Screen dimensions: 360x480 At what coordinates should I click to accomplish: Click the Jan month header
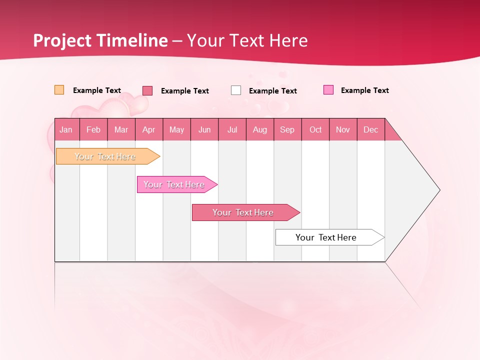tap(66, 129)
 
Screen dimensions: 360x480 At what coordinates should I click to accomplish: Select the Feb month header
tap(93, 129)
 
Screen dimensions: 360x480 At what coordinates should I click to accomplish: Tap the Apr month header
tap(148, 129)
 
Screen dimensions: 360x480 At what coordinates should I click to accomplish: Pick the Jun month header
tap(204, 129)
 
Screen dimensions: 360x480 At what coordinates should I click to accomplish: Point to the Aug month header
tap(260, 129)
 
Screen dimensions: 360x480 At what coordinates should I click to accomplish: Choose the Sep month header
tap(287, 129)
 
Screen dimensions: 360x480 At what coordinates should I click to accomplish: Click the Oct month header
tap(315, 129)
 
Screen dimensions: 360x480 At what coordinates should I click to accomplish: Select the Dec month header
tap(370, 129)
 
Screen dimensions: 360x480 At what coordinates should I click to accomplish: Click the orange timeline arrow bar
tap(105, 156)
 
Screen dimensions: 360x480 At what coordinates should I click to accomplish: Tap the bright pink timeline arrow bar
tap(174, 184)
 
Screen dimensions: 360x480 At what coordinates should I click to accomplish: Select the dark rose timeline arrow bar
tap(243, 212)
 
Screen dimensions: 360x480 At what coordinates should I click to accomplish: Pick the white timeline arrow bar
tap(326, 237)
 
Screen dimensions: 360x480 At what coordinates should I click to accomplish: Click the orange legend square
tap(59, 90)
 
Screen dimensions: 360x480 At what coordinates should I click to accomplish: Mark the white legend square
tap(236, 90)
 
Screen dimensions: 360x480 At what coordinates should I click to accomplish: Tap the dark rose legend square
tap(147, 90)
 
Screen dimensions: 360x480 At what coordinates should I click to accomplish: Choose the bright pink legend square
tap(328, 90)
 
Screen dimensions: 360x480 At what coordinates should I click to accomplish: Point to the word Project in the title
tap(61, 40)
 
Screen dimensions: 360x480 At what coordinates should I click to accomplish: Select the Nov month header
tap(343, 129)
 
